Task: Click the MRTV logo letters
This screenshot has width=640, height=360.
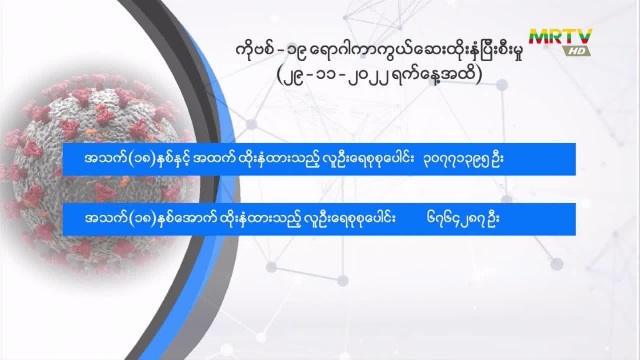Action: pyautogui.click(x=560, y=36)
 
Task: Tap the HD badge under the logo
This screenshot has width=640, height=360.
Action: pyautogui.click(x=577, y=51)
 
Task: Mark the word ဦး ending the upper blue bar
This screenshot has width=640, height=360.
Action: pyautogui.click(x=497, y=159)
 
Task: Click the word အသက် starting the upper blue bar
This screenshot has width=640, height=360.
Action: pyautogui.click(x=106, y=159)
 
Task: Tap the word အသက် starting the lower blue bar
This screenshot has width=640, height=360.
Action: pyautogui.click(x=106, y=219)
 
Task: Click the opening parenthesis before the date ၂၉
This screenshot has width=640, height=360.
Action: pyautogui.click(x=280, y=76)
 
